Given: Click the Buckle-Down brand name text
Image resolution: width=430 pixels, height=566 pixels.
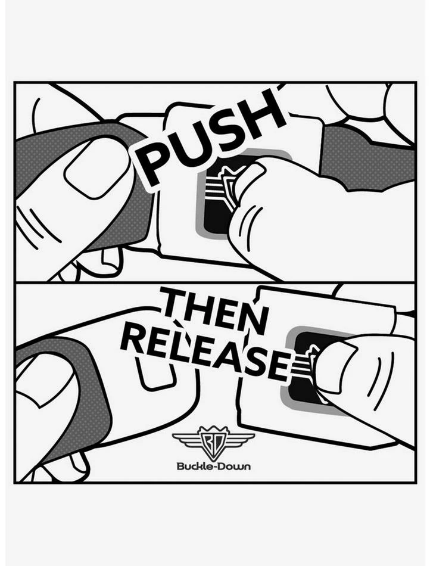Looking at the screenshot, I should [x=213, y=465].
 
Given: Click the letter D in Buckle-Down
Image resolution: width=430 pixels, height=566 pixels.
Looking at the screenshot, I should [x=221, y=465].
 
